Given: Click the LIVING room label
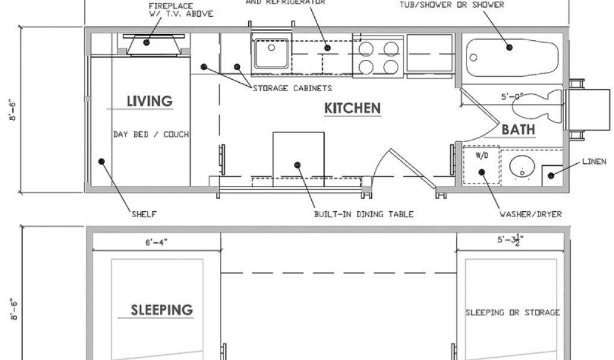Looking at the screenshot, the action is click(x=149, y=101).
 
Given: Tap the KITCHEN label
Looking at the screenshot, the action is click(x=353, y=108).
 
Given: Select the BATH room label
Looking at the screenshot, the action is click(x=518, y=130).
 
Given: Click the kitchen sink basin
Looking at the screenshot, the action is click(x=272, y=53).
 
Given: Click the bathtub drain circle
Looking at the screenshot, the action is click(x=474, y=58).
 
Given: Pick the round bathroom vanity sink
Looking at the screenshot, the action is click(x=522, y=167).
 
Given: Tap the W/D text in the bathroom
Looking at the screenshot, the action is click(x=482, y=155).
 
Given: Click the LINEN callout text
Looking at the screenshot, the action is click(x=594, y=161).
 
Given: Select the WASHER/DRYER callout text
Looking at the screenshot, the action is click(x=531, y=214).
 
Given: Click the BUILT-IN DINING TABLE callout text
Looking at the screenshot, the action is click(x=364, y=214).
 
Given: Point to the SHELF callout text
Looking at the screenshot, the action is click(x=144, y=214).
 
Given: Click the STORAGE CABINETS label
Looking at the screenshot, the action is click(x=293, y=88).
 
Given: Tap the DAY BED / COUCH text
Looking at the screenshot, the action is click(x=151, y=134).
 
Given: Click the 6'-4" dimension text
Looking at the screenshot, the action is click(x=156, y=243).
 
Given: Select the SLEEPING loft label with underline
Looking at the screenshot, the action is click(x=162, y=310).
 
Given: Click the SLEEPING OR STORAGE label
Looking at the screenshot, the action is click(x=513, y=313).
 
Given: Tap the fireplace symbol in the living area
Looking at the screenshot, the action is click(x=153, y=45).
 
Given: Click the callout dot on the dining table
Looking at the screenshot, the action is click(x=297, y=165).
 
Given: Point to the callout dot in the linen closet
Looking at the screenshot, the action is click(x=550, y=175).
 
